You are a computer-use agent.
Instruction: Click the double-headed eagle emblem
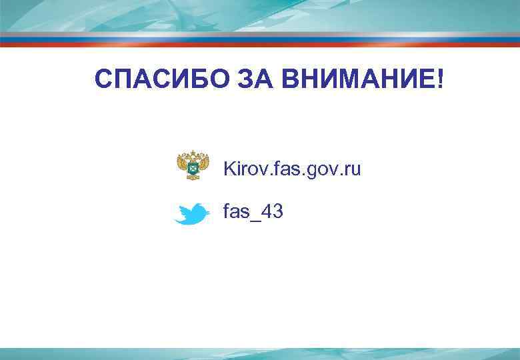point(193,166)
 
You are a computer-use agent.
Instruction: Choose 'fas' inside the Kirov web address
point(281,169)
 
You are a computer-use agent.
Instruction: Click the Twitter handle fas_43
point(253,212)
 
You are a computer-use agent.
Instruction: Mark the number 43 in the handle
point(273,211)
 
